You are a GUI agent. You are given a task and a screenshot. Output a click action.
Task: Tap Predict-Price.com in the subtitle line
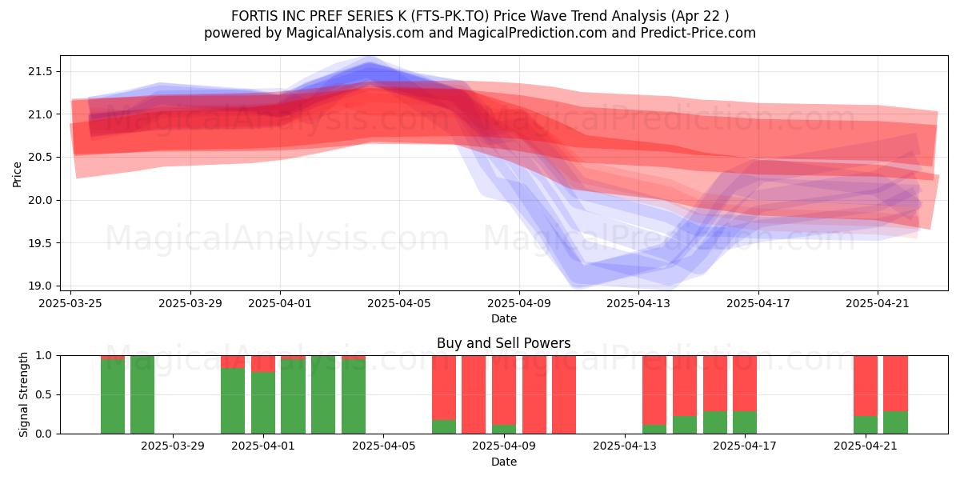(698, 33)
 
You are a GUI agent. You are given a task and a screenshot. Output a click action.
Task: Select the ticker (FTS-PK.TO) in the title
(450, 16)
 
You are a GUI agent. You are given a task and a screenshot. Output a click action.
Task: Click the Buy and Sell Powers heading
(503, 343)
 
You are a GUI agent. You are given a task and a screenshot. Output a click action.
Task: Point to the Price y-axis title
(17, 174)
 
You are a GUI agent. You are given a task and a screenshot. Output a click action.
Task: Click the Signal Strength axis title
(23, 394)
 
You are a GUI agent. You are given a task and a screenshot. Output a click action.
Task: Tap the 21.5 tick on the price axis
(40, 71)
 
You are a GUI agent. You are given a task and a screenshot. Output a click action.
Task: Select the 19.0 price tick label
(40, 286)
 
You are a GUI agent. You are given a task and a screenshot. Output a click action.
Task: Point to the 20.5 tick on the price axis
(40, 158)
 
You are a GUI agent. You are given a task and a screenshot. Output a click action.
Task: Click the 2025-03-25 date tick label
(70, 303)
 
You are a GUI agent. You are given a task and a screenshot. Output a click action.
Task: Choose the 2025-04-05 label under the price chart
(399, 303)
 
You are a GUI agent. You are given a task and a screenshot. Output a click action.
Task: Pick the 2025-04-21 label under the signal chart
(866, 446)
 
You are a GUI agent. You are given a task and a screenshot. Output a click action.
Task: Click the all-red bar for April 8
(474, 394)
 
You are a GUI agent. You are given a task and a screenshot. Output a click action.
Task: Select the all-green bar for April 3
(323, 394)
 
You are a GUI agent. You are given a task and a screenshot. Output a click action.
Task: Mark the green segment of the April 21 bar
(866, 425)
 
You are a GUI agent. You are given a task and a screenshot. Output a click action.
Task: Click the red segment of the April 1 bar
(263, 364)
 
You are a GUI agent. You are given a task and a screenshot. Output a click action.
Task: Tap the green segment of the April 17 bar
(745, 422)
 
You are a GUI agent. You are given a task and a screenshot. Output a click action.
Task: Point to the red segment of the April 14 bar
(654, 390)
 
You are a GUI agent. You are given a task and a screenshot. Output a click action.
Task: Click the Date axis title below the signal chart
(503, 462)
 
